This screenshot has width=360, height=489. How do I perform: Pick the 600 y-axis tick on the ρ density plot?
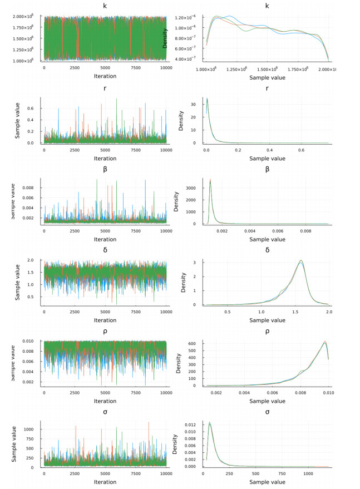coord(198,343)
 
